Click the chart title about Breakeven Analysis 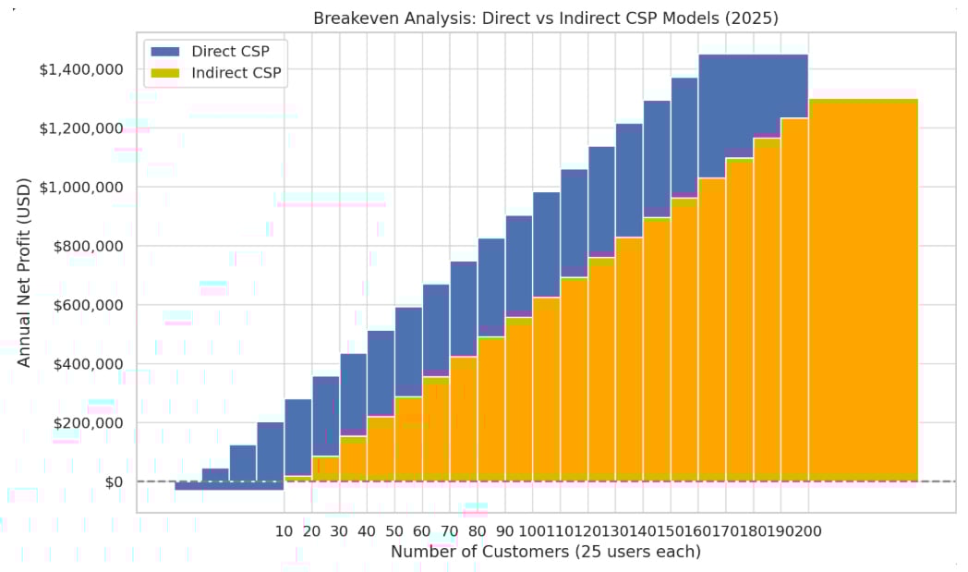point(546,18)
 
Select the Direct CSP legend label point(231,51)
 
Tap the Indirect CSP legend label point(236,72)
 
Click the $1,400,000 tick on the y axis point(80,69)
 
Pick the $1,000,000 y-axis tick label point(80,187)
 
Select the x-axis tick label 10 point(284,531)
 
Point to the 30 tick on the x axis point(340,531)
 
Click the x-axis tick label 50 point(394,531)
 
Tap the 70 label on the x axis point(450,531)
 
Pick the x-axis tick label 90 point(505,531)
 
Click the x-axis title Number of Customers point(545,552)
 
